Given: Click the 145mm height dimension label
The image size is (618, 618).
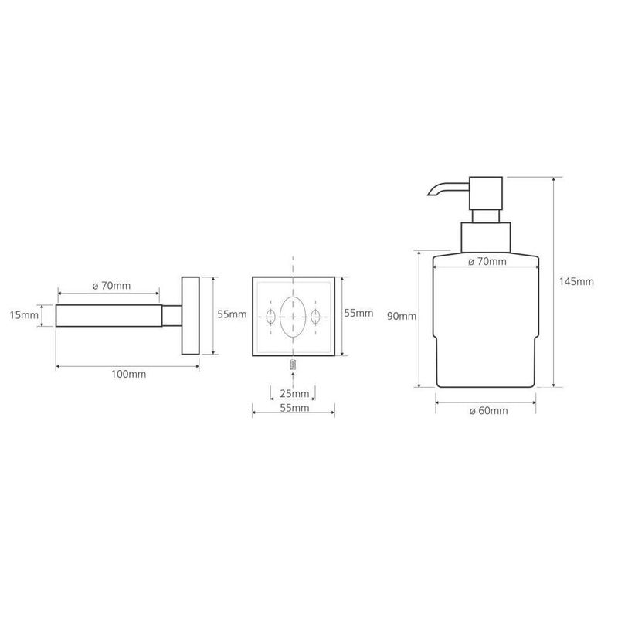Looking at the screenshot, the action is [576, 282].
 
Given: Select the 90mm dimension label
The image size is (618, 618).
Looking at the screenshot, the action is [402, 316].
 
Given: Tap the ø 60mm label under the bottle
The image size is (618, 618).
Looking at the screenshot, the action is [489, 411].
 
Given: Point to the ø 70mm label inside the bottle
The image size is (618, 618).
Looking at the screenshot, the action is [487, 261].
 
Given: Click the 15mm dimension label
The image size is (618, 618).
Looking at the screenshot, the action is [25, 315].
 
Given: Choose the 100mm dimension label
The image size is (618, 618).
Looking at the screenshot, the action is [129, 374].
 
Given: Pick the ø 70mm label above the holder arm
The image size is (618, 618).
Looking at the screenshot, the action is [111, 285].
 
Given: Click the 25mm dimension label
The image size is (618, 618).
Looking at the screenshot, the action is [294, 393].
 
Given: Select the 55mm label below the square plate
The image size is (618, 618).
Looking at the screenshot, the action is [294, 408].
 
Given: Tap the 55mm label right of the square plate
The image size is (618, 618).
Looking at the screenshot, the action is [358, 313].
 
